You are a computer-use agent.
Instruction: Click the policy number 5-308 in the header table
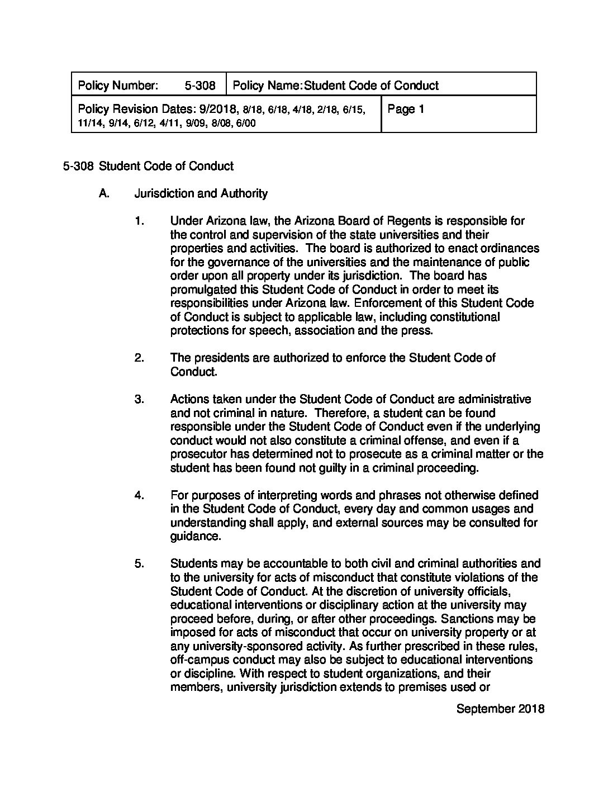[199, 86]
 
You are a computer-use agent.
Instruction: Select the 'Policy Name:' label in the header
[267, 86]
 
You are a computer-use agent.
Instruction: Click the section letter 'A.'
[103, 193]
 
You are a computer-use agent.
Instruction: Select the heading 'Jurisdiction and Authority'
[201, 193]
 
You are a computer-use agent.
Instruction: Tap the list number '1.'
[139, 221]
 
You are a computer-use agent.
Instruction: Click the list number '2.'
[139, 358]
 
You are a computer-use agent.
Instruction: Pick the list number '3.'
[139, 399]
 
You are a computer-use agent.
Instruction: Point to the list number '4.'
[139, 495]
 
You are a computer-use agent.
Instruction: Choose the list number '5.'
[139, 563]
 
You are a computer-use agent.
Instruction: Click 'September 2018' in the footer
[500, 709]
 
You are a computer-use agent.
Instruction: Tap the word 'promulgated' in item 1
[200, 290]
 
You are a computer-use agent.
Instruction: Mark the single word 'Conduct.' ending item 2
[193, 372]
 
